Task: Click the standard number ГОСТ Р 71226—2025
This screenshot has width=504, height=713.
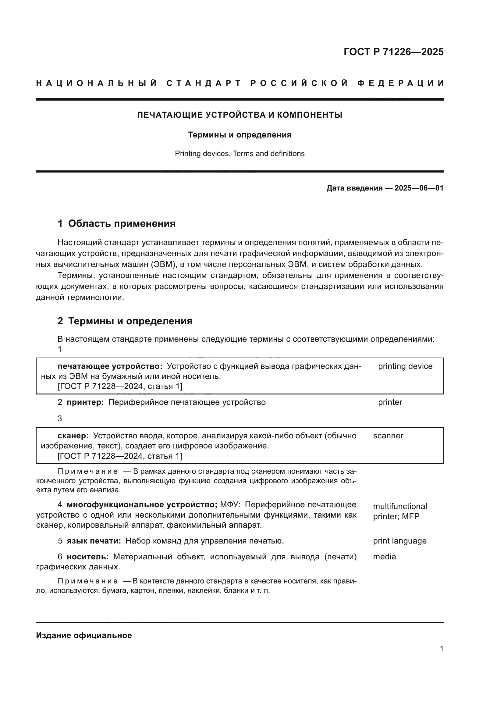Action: click(393, 52)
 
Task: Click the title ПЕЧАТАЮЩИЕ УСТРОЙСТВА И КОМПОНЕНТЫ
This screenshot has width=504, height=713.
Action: click(240, 115)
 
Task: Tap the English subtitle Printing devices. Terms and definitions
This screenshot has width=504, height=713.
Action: click(240, 154)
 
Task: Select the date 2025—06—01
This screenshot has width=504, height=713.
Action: click(419, 188)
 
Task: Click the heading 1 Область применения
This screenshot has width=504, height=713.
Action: click(117, 223)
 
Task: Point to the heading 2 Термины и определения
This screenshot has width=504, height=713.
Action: click(125, 321)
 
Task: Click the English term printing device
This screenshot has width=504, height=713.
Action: click(405, 366)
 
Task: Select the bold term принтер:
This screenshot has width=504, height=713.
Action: click(85, 402)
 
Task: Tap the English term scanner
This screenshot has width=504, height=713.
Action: click(388, 436)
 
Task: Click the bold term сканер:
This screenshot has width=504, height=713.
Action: click(73, 436)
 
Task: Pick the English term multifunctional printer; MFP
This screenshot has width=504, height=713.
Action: click(400, 511)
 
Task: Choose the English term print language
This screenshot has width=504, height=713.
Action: click(400, 541)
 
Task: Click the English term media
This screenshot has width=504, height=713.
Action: click(385, 557)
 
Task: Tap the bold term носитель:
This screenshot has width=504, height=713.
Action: click(88, 557)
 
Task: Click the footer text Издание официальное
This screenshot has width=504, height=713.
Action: click(84, 635)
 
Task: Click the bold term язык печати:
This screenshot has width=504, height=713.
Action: click(94, 541)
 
